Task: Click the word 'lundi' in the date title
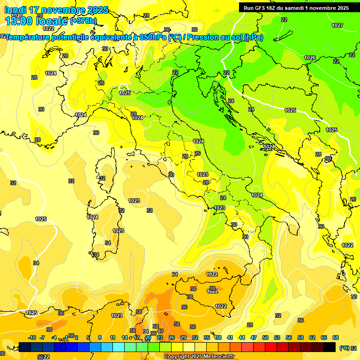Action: click(x=15, y=10)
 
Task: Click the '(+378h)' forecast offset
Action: click(x=83, y=21)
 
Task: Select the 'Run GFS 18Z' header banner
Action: click(x=296, y=7)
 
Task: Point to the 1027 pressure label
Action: click(x=337, y=25)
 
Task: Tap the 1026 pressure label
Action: click(x=310, y=58)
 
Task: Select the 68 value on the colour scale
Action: click(x=336, y=337)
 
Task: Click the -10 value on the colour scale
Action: click(x=32, y=337)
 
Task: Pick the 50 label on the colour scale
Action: click(x=265, y=337)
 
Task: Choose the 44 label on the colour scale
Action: click(x=242, y=337)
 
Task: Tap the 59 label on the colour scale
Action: click(x=300, y=337)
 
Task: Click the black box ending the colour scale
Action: click(x=330, y=347)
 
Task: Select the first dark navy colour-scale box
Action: click(x=25, y=347)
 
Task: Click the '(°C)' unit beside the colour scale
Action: click(x=344, y=348)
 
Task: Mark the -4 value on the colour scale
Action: click(x=54, y=337)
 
